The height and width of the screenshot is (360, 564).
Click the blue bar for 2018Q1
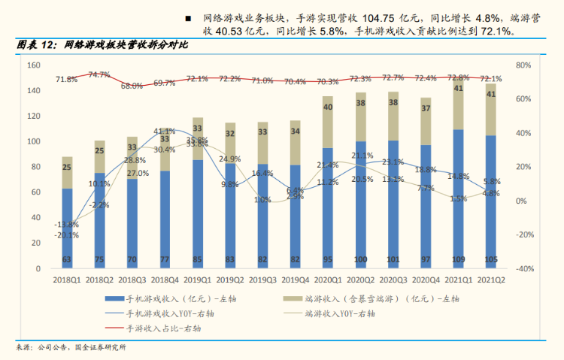pyautogui.click(x=67, y=225)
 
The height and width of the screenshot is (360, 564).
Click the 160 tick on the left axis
pyautogui.click(x=33, y=65)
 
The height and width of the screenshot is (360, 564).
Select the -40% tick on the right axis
pyautogui.click(x=523, y=268)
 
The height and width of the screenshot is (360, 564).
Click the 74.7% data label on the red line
pyautogui.click(x=99, y=74)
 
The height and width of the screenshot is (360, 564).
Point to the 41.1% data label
pyautogui.click(x=165, y=132)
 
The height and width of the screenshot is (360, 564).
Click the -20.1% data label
pyautogui.click(x=67, y=234)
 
